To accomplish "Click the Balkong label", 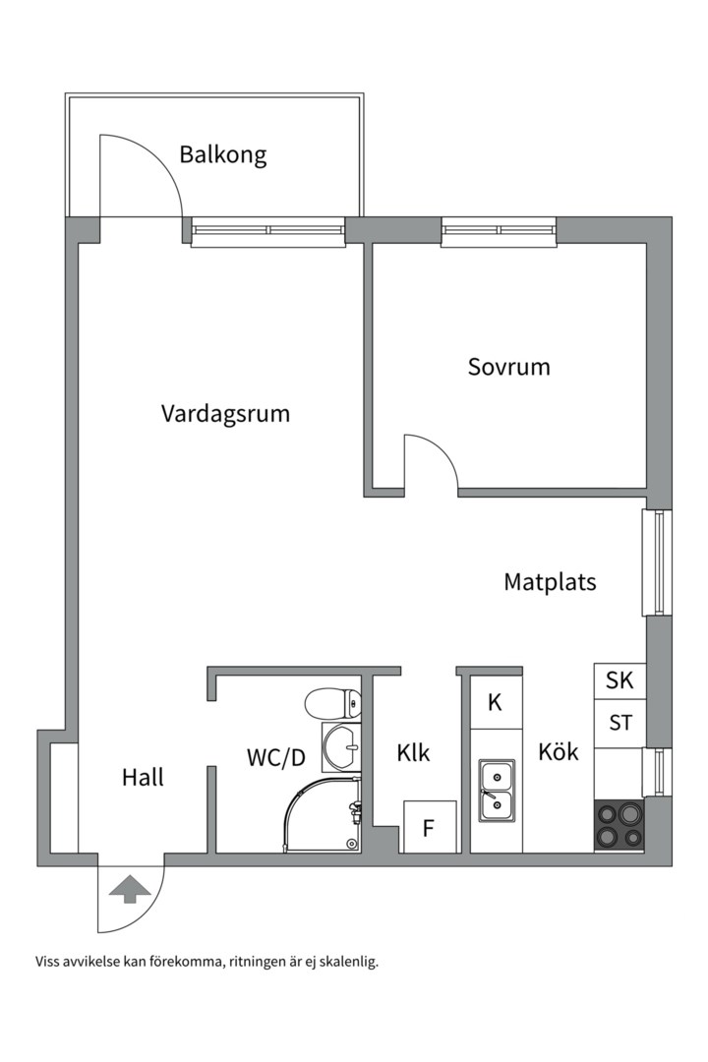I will click(222, 155).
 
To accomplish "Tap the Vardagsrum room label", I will click(225, 414).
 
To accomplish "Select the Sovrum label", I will click(508, 368).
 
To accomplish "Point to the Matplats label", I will click(550, 582).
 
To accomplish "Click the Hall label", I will click(143, 778).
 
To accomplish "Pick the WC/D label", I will click(275, 757).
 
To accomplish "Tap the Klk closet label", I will click(414, 753).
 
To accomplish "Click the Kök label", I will click(558, 753).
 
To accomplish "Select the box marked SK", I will click(619, 680).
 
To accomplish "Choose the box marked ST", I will click(619, 724).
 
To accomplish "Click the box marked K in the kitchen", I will click(496, 702).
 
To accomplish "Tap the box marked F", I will click(429, 828).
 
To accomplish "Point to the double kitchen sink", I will click(496, 792).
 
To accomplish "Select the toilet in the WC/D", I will click(332, 704).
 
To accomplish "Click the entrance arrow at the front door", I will click(130, 890).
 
